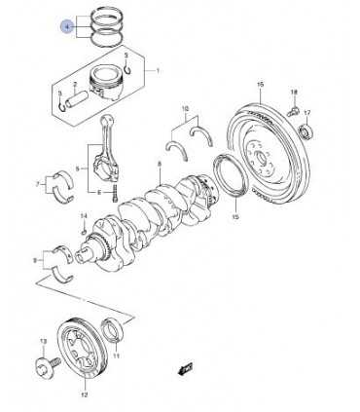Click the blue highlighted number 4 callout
67,27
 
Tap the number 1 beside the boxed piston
158,71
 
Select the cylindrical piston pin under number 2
76,98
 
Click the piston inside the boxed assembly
106,83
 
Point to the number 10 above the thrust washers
185,108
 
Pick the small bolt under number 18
292,111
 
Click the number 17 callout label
307,113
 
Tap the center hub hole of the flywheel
261,159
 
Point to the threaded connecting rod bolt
115,194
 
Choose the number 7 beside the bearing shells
37,184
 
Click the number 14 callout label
84,216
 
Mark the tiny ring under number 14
84,232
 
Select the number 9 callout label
35,260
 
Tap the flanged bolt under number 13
47,365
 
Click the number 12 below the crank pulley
84,394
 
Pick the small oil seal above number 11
113,330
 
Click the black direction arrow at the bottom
185,368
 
